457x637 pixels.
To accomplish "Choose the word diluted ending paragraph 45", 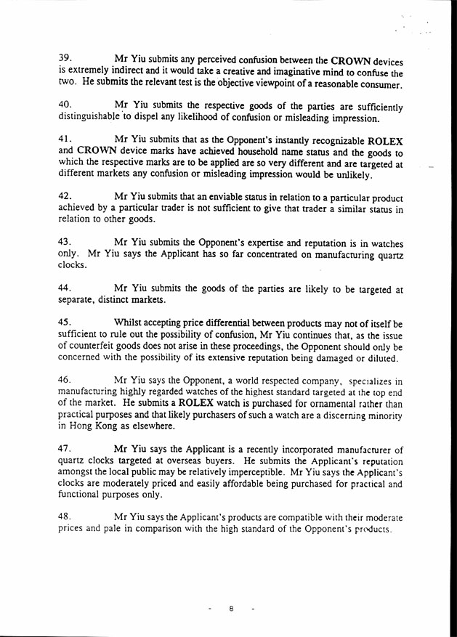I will coord(379,360).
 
